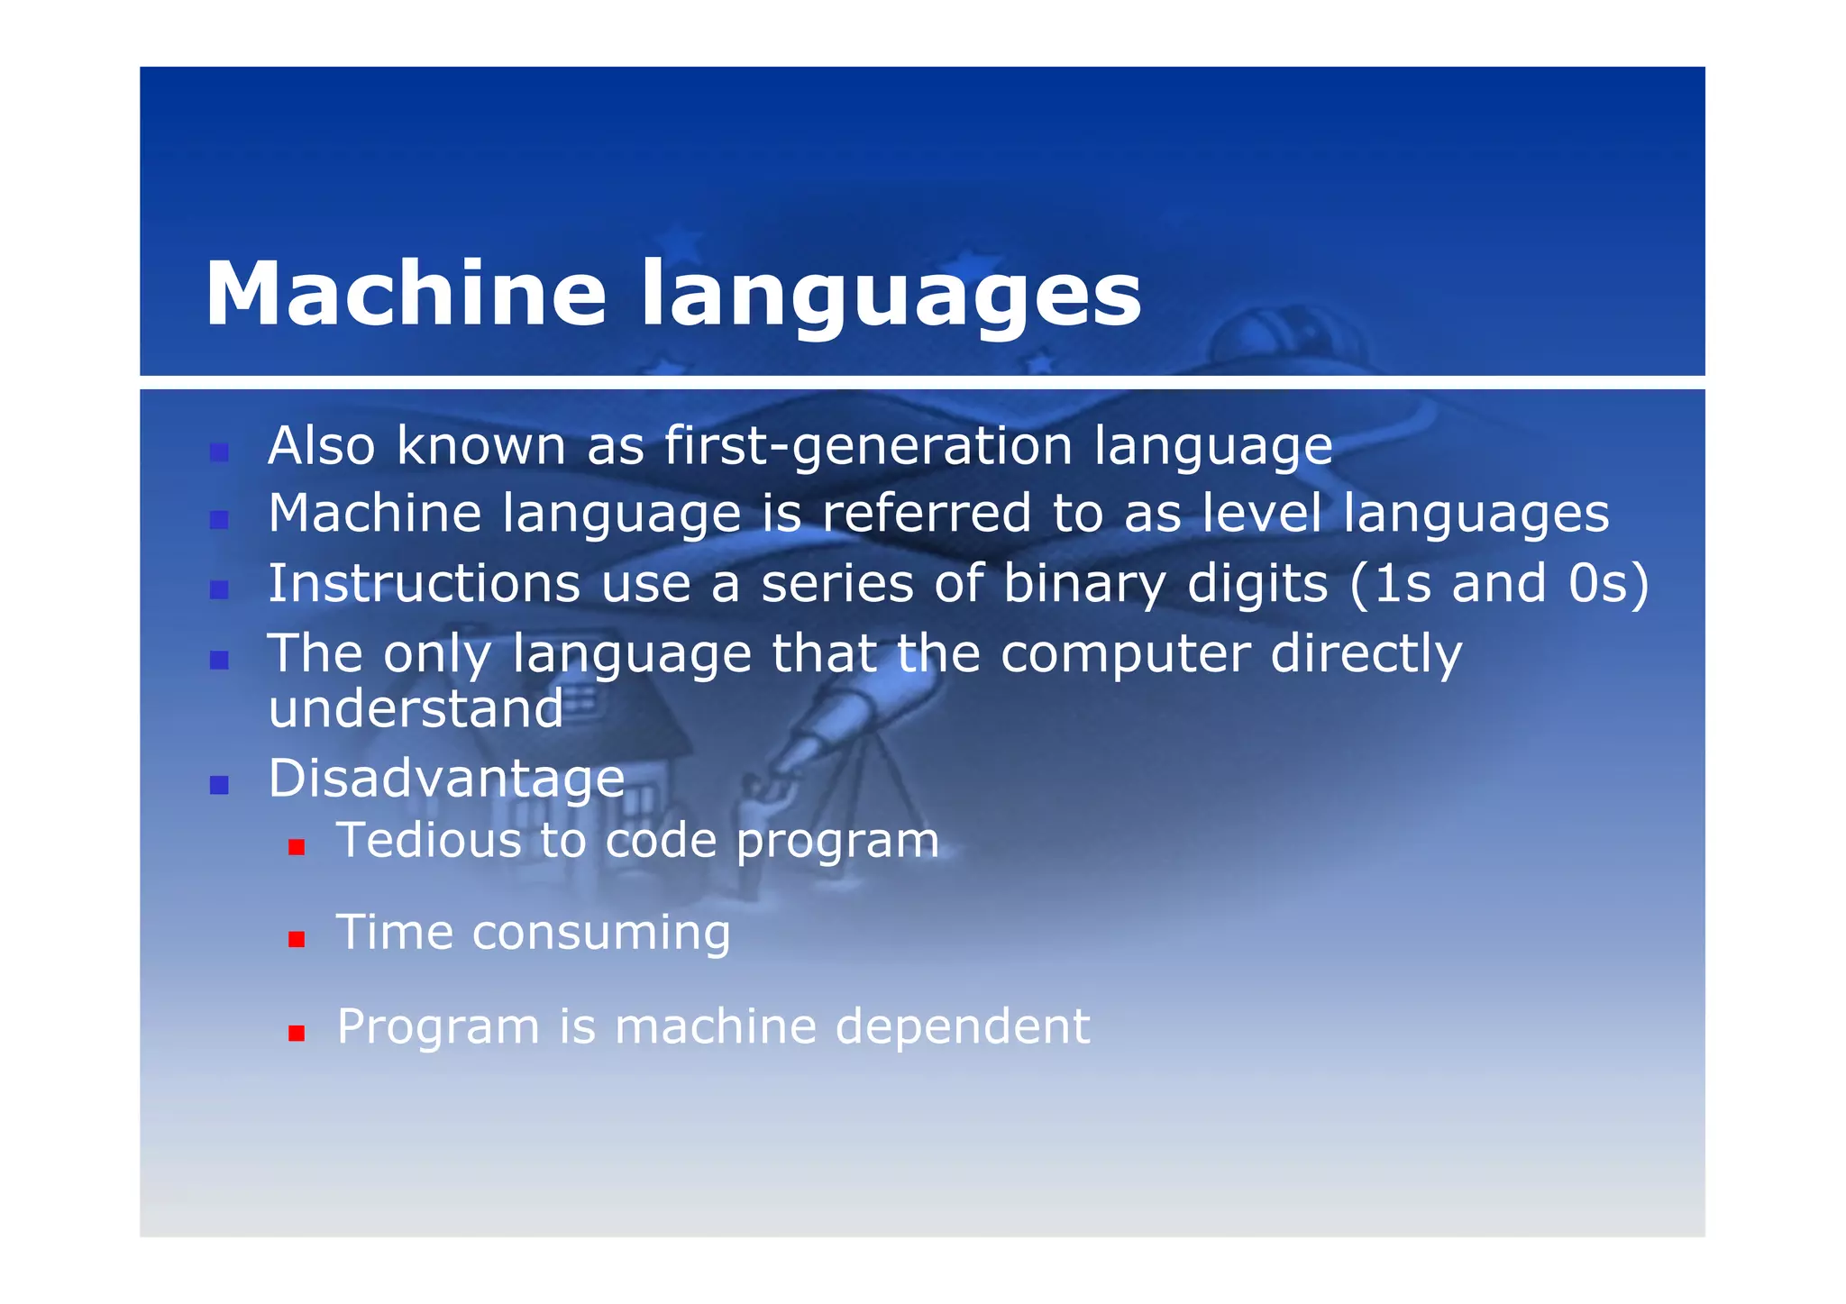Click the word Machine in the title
405,294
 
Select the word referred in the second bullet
926,514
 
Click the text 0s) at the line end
1607,584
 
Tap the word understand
416,708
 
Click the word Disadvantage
446,778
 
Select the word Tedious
428,840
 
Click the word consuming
600,932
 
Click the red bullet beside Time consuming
297,940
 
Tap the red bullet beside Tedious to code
297,847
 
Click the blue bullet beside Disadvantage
218,785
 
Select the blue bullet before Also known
218,452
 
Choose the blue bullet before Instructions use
218,590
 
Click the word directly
1366,654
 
